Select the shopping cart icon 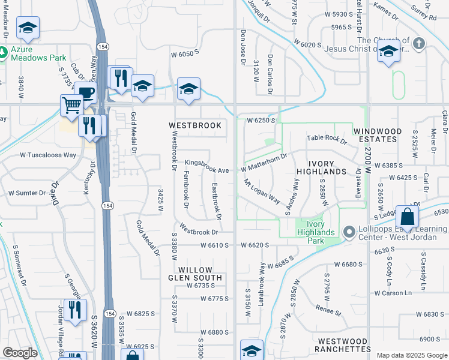(71, 106)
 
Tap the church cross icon (419, 43)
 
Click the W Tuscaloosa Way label (48, 155)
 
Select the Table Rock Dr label (327, 140)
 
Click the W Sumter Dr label (27, 193)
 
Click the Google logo (20, 353)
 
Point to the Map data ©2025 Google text (411, 355)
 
